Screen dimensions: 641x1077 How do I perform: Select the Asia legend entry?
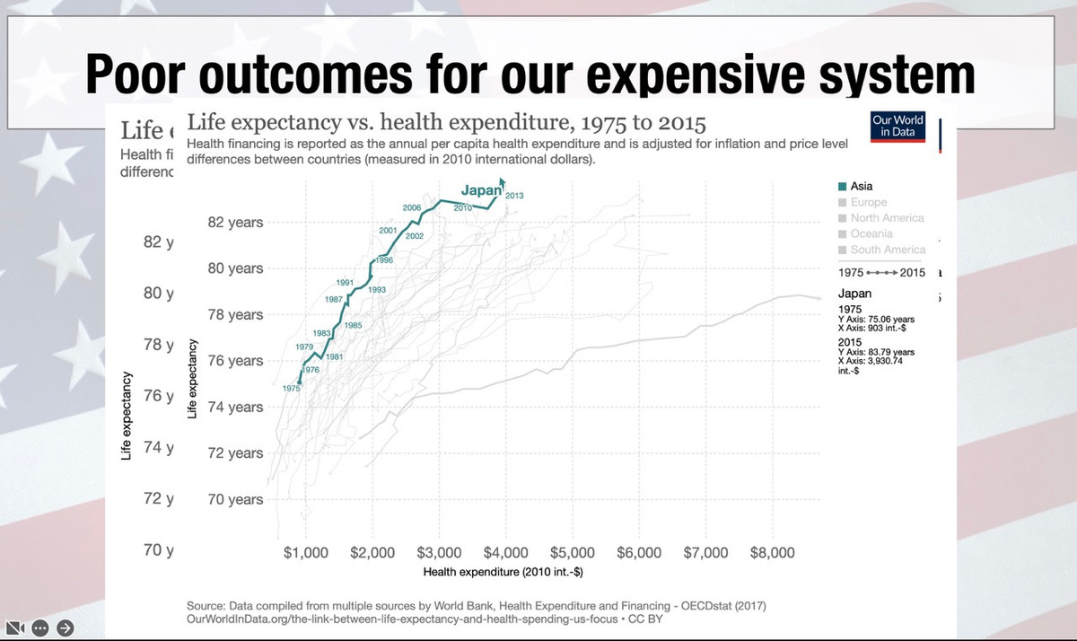point(862,187)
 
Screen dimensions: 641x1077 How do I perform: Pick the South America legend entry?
point(887,250)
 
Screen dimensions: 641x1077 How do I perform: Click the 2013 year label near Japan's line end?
point(515,195)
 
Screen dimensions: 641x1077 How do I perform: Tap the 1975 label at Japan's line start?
point(292,388)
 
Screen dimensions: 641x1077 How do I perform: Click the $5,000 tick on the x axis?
point(572,552)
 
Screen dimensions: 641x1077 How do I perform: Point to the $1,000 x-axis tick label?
point(306,552)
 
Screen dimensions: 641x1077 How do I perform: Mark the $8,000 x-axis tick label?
point(772,552)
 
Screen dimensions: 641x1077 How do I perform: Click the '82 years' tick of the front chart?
point(235,223)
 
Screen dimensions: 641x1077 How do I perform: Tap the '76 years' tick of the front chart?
point(235,361)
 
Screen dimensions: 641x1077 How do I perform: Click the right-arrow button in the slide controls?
point(65,627)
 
